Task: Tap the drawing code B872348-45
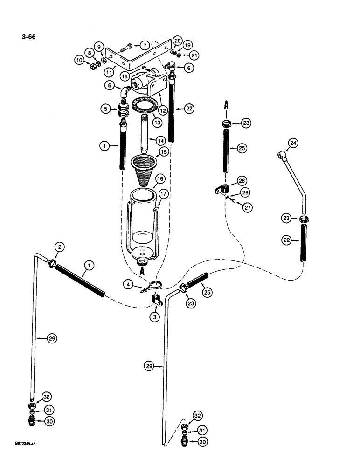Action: coord(23,445)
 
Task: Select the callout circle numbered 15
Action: coord(163,152)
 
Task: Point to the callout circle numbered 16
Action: coord(160,178)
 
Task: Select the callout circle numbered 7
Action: coord(145,45)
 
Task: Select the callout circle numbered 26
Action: coord(242,180)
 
